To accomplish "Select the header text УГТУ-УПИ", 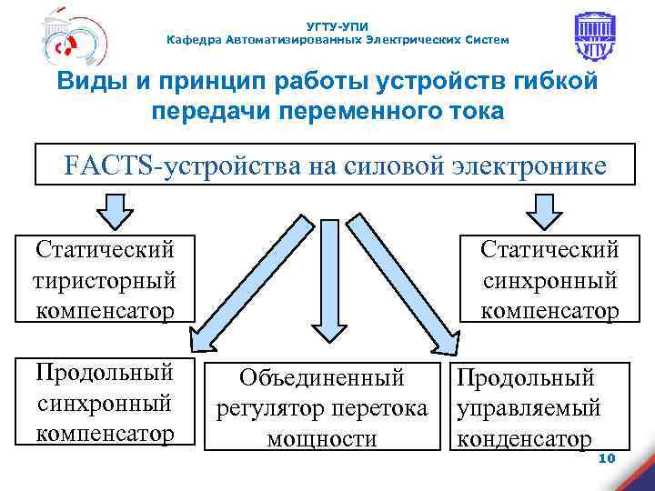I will pos(338,25).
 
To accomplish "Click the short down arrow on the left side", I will pos(116,210).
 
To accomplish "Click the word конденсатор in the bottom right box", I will pos(523,439).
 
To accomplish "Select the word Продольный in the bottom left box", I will pos(103,372).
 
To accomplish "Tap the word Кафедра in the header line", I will pos(193,40).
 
